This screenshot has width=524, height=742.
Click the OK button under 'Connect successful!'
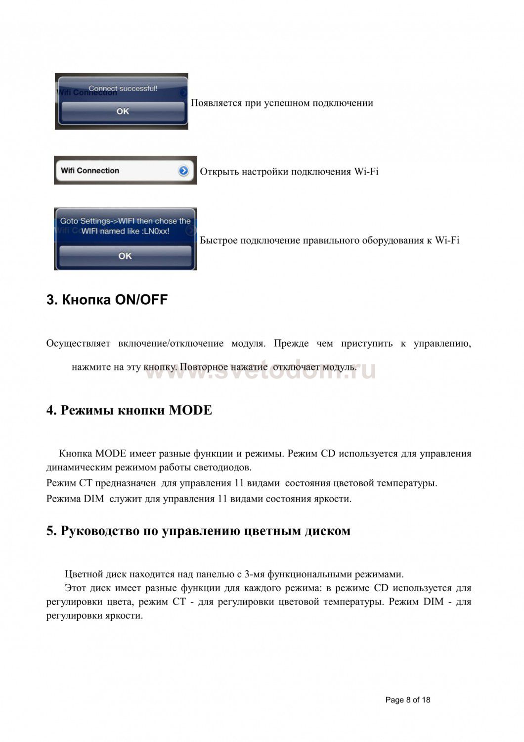point(123,111)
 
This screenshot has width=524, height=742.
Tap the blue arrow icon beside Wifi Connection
point(183,171)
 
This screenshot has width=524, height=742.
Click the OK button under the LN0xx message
point(125,256)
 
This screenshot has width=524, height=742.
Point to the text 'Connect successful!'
point(123,89)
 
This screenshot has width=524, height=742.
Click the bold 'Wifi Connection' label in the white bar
point(90,171)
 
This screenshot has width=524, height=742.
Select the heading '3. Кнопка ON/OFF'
point(107,300)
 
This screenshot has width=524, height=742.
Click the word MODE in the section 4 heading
point(190,410)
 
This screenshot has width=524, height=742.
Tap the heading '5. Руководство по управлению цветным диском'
point(198,531)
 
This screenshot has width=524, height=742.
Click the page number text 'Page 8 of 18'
point(408,700)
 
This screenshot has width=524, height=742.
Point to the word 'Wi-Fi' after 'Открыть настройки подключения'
point(366,172)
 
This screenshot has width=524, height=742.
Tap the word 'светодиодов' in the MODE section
point(223,467)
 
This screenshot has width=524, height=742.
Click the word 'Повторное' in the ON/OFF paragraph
point(203,367)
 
